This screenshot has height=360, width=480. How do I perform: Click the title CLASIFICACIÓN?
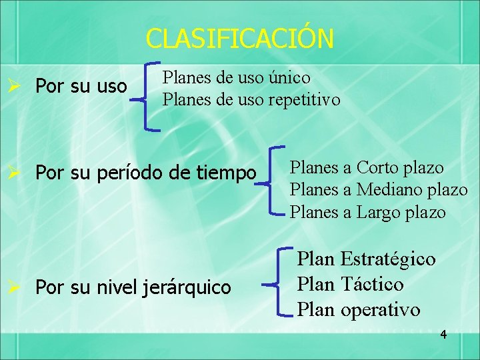tap(239, 38)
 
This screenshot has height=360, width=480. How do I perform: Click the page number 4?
tap(443, 334)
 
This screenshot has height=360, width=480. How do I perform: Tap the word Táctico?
tap(371, 285)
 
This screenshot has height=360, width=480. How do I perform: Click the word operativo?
tap(380, 310)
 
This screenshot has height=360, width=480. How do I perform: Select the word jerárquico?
tap(187, 288)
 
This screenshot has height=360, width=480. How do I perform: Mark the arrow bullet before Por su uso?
tap(19, 86)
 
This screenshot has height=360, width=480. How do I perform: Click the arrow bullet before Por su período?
tap(19, 173)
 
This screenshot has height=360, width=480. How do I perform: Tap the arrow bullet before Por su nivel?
tap(19, 288)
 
